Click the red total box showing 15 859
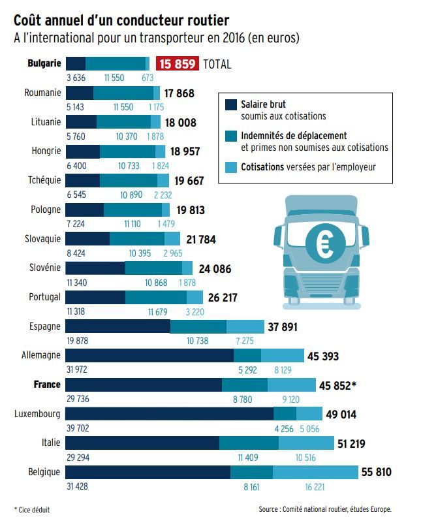[178, 64]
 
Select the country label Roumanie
[42, 93]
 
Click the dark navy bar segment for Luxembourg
[169, 413]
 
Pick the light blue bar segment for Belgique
[315, 471]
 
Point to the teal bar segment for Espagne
[198, 326]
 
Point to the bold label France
[48, 385]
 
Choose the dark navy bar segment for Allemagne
[149, 355]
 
